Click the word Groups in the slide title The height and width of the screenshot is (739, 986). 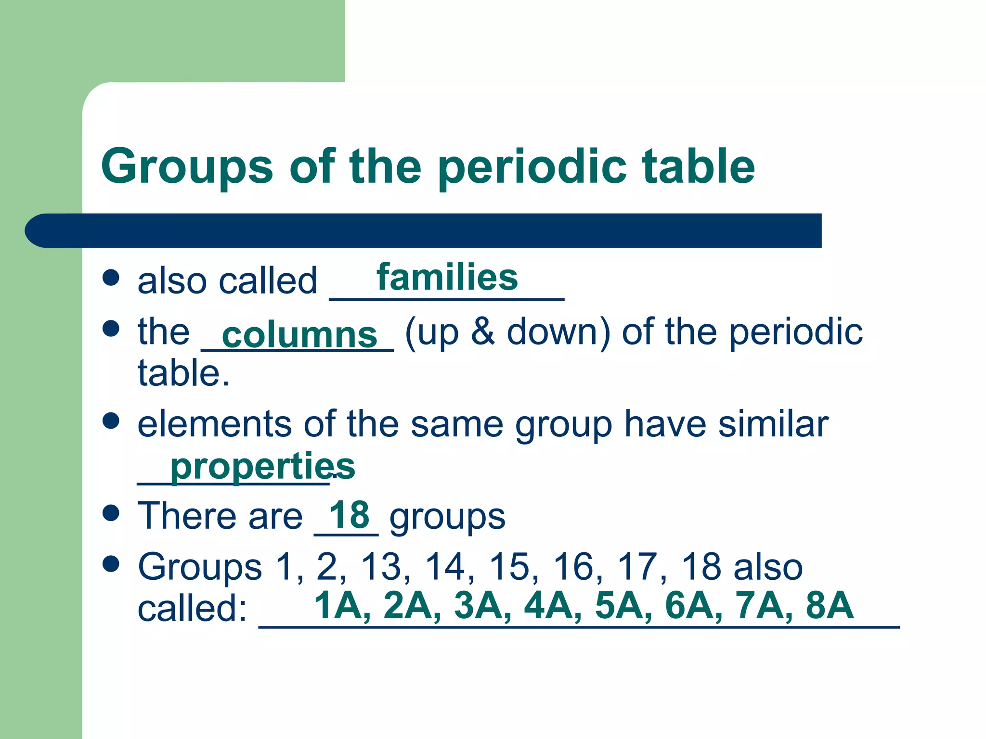187,167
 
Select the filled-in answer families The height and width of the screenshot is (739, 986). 447,278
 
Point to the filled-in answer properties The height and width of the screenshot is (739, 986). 262,466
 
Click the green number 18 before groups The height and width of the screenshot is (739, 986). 349,514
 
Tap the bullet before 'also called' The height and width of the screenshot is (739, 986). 111,278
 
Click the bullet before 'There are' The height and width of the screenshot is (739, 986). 111,513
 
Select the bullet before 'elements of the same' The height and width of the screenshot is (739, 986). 111,420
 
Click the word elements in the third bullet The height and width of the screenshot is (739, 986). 214,424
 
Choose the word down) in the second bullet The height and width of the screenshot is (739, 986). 558,332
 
